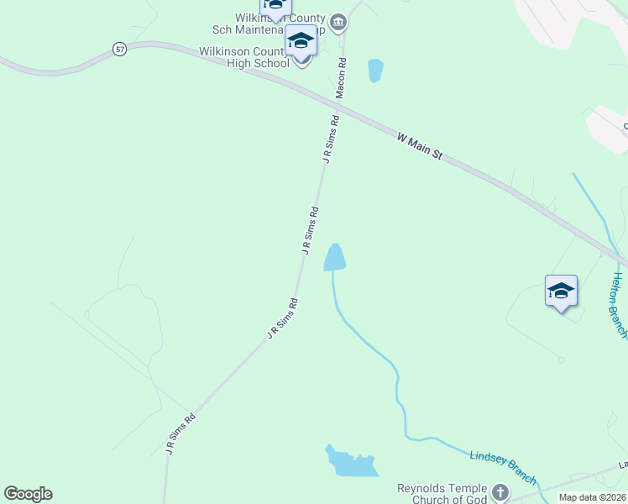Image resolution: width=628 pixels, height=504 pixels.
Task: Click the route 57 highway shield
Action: click(121, 50)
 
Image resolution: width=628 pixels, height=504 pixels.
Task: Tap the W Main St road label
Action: click(420, 144)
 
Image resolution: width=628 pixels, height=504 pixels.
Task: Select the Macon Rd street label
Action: click(342, 78)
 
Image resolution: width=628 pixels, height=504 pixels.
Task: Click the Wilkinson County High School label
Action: click(244, 57)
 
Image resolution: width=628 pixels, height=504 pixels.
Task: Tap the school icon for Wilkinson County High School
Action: click(301, 40)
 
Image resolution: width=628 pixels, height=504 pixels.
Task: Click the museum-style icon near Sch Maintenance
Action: click(338, 22)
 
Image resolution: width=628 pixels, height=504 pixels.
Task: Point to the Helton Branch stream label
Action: click(619, 305)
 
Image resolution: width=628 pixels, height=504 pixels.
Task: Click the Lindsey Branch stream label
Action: click(503, 465)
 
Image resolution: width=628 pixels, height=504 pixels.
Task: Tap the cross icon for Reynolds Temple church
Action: click(500, 493)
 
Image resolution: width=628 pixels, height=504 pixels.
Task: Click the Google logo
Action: click(29, 494)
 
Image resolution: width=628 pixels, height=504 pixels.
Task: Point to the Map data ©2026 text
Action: click(592, 497)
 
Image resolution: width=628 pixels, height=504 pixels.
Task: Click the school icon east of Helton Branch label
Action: click(561, 291)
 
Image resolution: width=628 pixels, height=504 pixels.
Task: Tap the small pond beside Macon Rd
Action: click(375, 71)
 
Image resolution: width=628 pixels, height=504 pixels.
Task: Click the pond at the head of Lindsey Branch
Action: click(336, 257)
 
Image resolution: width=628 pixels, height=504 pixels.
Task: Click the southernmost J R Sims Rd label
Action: click(181, 433)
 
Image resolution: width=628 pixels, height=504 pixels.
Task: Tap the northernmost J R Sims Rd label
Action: click(332, 139)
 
